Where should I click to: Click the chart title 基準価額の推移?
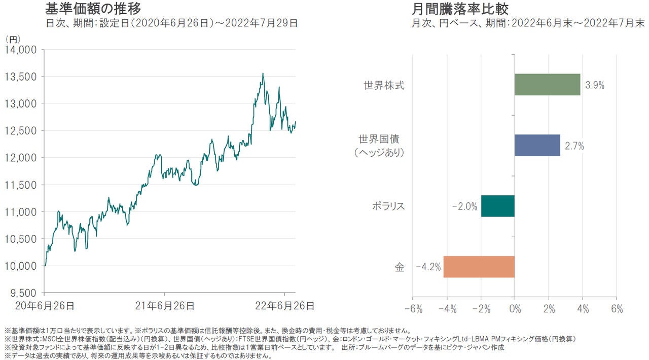click(x=93, y=9)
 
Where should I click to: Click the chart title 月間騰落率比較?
click(x=460, y=9)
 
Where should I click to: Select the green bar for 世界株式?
click(x=547, y=85)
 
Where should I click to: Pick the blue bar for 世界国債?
click(x=537, y=146)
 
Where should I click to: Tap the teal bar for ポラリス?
click(x=497, y=206)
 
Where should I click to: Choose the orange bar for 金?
click(x=479, y=267)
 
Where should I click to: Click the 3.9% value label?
click(x=594, y=85)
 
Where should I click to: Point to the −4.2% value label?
click(x=428, y=267)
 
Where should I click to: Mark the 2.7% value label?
click(x=574, y=146)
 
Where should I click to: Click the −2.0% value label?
click(x=465, y=206)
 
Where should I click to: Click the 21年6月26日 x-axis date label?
click(x=165, y=306)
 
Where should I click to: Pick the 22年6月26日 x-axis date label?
click(x=284, y=306)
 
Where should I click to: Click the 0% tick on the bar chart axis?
click(x=515, y=309)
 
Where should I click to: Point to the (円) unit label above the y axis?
click(x=12, y=39)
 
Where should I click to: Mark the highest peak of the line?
click(x=263, y=74)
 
